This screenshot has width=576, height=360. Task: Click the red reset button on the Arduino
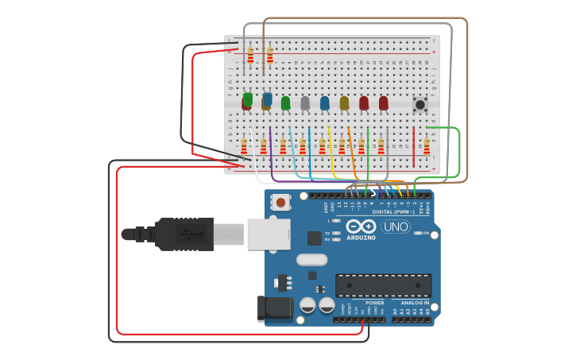pos(280,203)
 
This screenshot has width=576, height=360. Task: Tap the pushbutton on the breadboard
pos(420,104)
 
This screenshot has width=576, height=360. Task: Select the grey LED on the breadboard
pos(305,103)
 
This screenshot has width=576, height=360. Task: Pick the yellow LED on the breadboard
pos(344,103)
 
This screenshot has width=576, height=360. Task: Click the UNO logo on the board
pos(396,226)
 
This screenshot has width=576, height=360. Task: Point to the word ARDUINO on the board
pos(361,237)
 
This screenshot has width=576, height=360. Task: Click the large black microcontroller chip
pos(383,285)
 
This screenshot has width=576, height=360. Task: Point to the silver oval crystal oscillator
pos(311,259)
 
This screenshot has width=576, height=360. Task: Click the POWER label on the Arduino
pos(374,303)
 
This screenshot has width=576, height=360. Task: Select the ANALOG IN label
pos(415,303)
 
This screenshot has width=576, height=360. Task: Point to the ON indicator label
pos(426,233)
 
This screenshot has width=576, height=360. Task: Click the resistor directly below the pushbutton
pos(427,146)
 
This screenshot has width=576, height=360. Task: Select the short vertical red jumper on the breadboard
pos(413,146)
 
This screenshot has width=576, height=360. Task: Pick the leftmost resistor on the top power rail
pos(250,56)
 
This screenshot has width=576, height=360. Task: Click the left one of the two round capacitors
pos(307,305)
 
